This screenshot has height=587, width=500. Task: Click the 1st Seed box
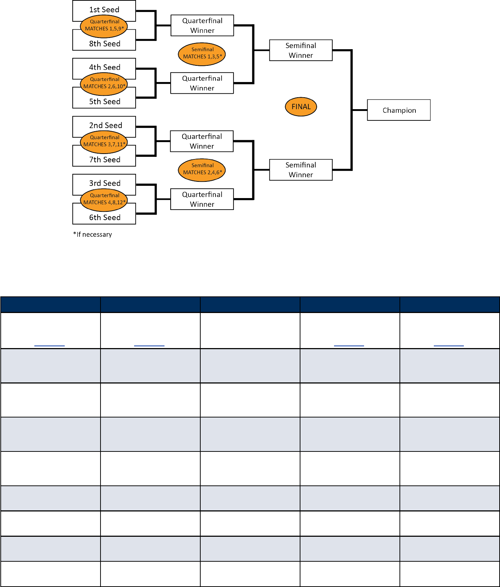click(104, 8)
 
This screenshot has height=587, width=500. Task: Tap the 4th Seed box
click(104, 66)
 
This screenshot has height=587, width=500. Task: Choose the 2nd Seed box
click(104, 124)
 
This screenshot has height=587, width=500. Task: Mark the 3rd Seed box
click(104, 182)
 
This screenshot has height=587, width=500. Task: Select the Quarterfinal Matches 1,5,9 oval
click(104, 26)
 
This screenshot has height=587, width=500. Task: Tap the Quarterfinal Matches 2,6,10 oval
click(104, 84)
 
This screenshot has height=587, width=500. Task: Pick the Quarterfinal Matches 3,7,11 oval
click(104, 142)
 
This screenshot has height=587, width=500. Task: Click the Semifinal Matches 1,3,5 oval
click(202, 54)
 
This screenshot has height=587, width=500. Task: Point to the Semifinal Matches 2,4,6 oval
click(202, 170)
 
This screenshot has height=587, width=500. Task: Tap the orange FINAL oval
click(301, 107)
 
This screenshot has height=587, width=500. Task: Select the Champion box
click(399, 110)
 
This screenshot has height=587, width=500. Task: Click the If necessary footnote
click(93, 235)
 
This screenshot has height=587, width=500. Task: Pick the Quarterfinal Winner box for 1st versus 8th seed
click(202, 25)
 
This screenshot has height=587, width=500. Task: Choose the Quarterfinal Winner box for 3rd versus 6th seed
click(202, 199)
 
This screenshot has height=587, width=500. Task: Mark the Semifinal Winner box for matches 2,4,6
click(301, 170)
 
